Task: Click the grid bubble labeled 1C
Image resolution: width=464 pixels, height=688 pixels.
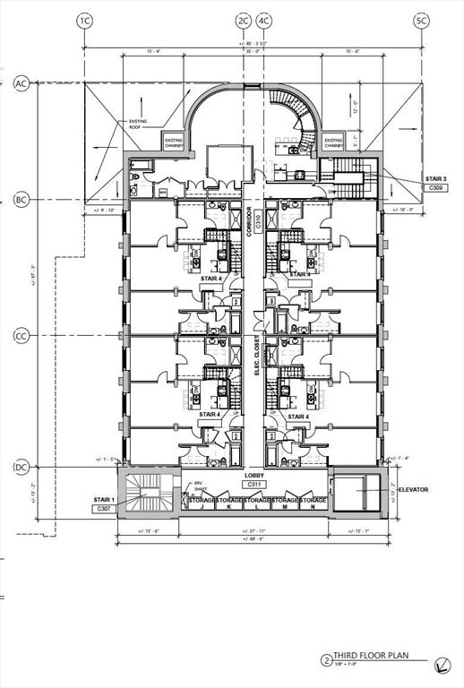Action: [85, 20]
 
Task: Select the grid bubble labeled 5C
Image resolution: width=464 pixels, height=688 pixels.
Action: [421, 20]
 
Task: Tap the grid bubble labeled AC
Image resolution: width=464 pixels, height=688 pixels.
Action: [21, 84]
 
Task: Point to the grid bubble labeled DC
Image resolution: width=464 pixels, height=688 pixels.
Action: [21, 468]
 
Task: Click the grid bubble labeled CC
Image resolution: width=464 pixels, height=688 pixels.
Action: [21, 337]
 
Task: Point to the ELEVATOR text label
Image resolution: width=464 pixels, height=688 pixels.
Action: [414, 490]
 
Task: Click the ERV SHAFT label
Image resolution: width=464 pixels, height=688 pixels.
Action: [200, 489]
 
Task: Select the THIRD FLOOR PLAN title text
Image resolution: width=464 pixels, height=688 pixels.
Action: [370, 656]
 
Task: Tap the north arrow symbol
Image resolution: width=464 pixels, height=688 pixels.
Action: [442, 664]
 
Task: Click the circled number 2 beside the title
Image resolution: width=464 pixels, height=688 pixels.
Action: [325, 660]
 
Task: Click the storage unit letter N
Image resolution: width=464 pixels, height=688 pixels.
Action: [312, 506]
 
